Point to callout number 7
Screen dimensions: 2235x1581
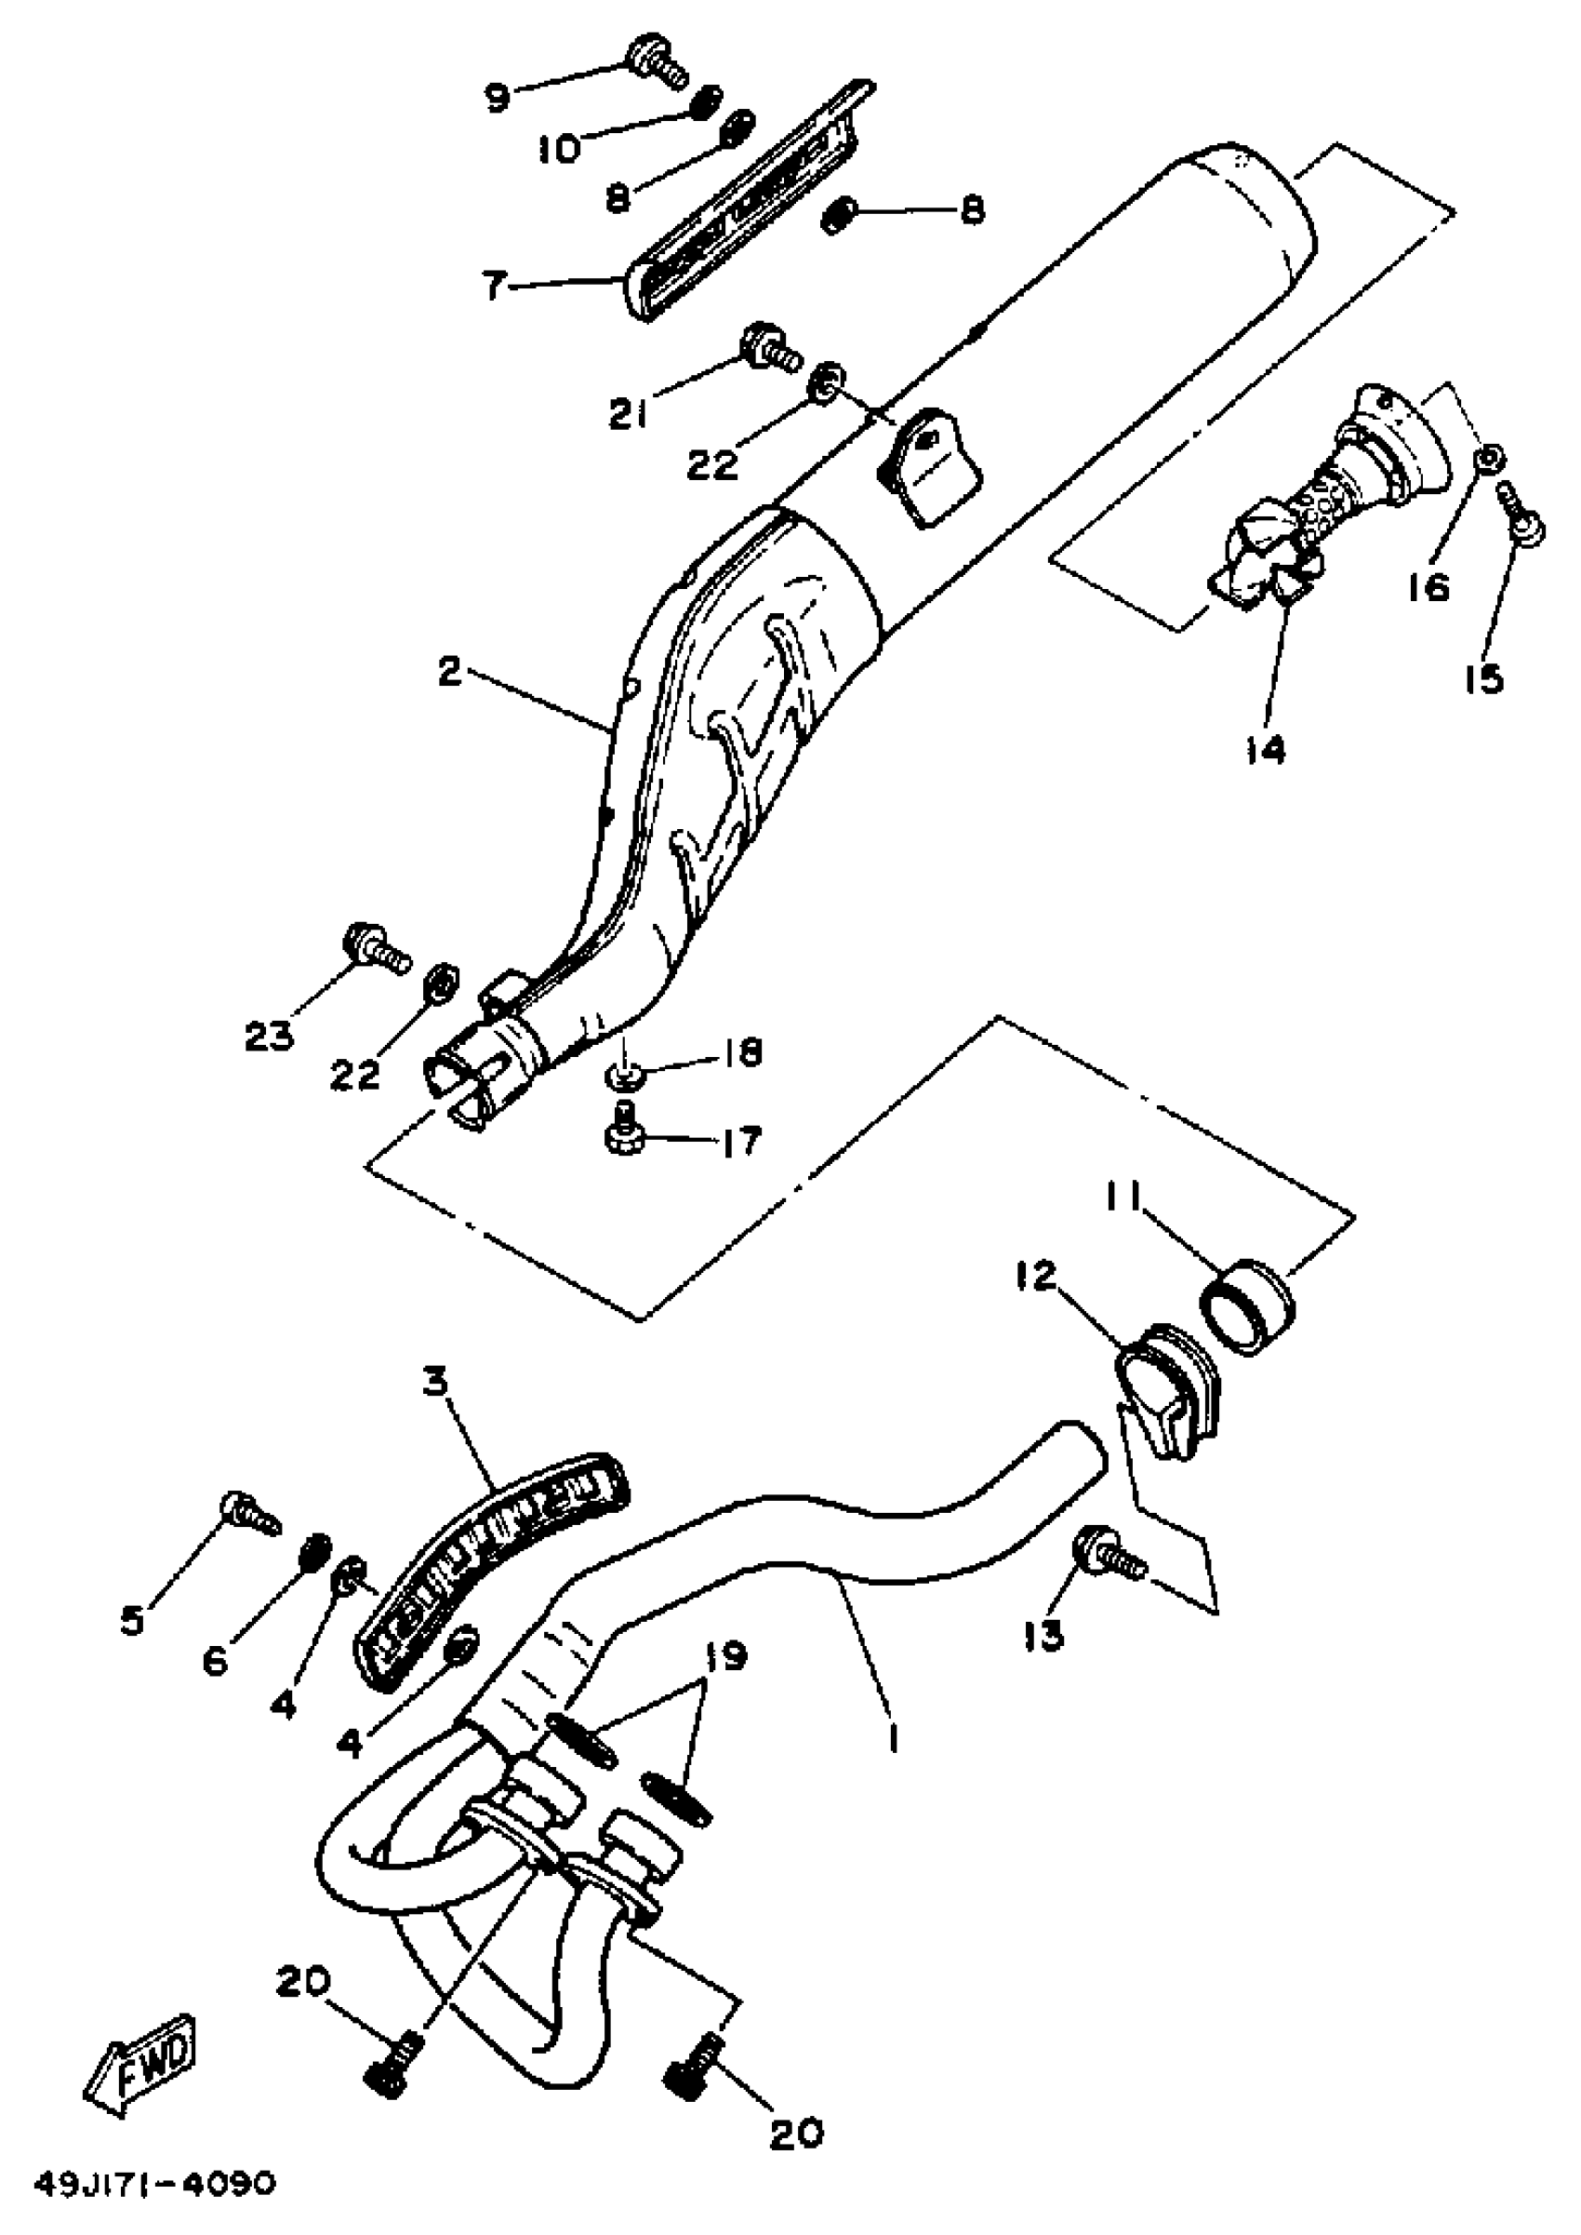pos(495,288)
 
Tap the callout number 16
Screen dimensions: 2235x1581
pos(1428,587)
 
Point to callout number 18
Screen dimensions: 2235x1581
pos(745,1052)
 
